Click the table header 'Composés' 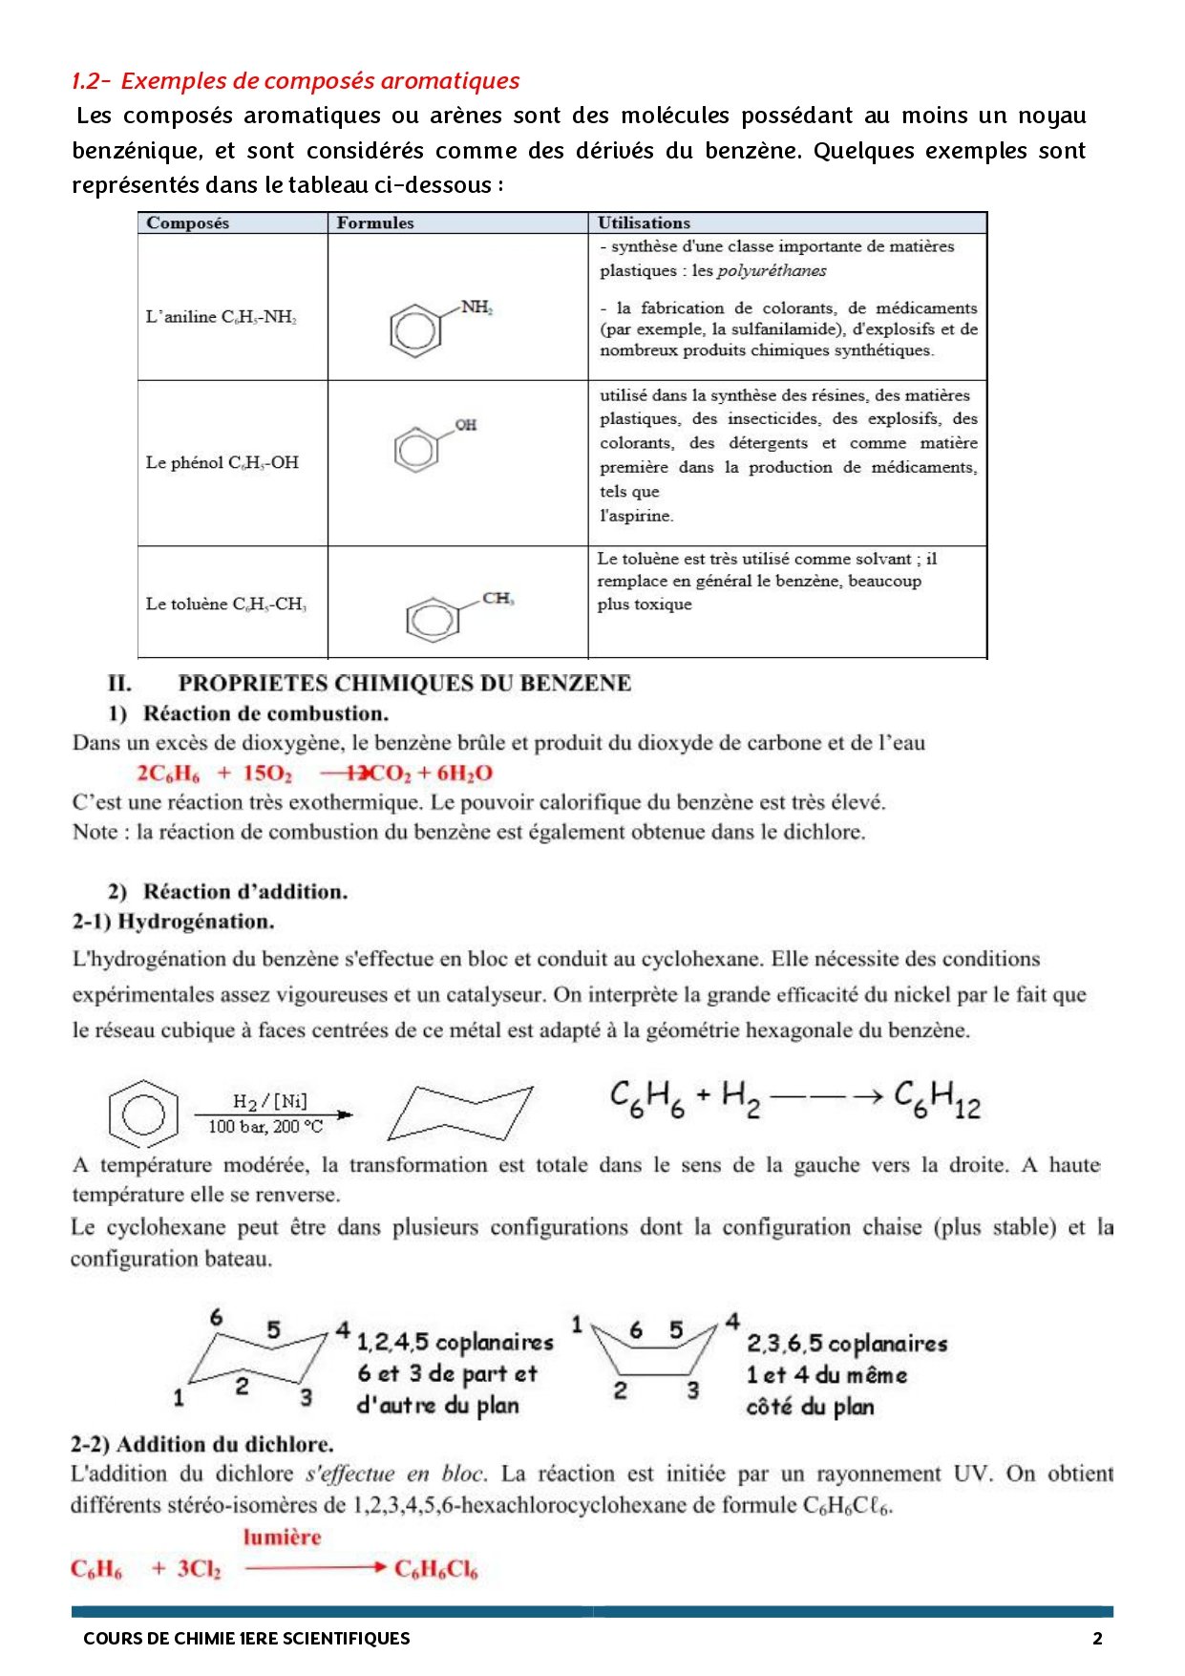[x=187, y=223]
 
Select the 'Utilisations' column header [x=643, y=223]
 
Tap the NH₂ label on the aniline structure [x=476, y=307]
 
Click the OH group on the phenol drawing [x=465, y=425]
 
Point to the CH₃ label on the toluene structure [x=497, y=598]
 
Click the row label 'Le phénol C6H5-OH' [x=222, y=462]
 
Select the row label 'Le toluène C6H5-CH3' [x=225, y=604]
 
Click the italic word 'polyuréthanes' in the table [x=771, y=270]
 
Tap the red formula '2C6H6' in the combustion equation [x=168, y=774]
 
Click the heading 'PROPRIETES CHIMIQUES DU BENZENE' [x=404, y=683]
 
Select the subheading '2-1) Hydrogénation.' [x=173, y=922]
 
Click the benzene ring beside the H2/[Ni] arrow [x=143, y=1114]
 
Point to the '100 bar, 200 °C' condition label [x=265, y=1127]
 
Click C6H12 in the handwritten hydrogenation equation [x=937, y=1098]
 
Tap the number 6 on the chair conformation [x=216, y=1318]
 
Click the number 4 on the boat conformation [x=732, y=1322]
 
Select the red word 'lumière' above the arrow [x=282, y=1537]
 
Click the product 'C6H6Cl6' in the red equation [x=435, y=1569]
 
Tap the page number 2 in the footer [x=1097, y=1638]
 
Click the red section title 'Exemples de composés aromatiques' [x=320, y=80]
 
